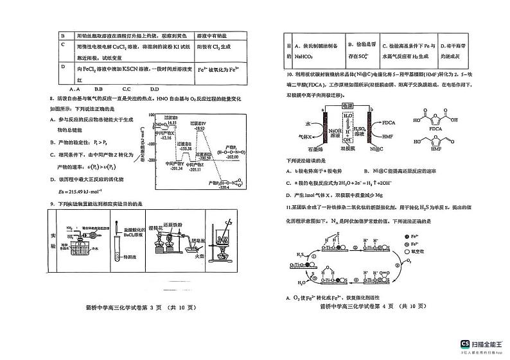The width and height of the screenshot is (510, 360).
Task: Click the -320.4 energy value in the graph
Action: pyautogui.click(x=224, y=189)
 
